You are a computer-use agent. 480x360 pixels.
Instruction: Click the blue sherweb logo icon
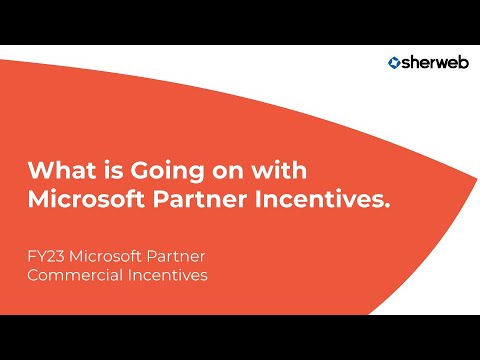coord(395,63)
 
